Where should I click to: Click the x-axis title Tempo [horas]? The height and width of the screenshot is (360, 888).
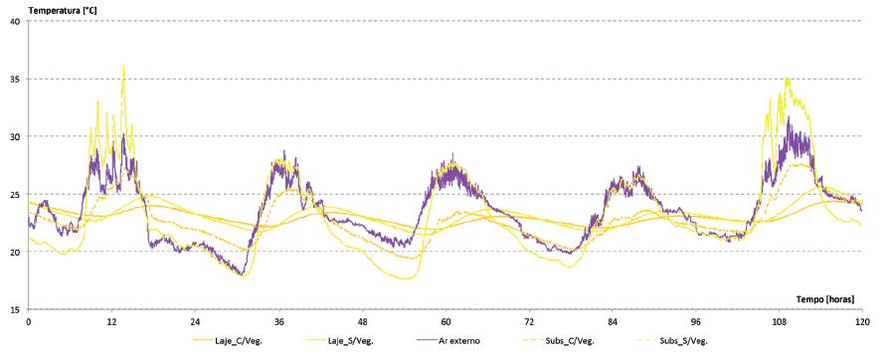pos(829,298)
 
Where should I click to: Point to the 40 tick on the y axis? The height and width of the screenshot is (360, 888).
pos(13,21)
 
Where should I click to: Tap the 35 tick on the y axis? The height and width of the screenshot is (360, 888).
pos(13,79)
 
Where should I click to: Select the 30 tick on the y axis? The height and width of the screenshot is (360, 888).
pos(13,136)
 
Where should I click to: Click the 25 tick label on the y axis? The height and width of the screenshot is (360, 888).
pos(13,194)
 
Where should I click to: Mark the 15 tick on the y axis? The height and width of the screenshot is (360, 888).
pos(13,309)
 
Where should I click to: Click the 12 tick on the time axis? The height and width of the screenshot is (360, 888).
pos(111,322)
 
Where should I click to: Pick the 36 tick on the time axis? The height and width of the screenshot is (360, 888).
pos(278,322)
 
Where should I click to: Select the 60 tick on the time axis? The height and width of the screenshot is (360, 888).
pos(445,322)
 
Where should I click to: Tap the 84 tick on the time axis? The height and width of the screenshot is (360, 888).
pos(613,322)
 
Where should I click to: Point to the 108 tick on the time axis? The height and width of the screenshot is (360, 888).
pos(779,322)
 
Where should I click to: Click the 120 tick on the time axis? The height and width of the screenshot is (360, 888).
pos(861,322)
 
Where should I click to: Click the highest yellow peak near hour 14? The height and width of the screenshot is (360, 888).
pos(123,67)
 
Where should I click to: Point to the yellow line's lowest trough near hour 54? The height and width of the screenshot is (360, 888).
pos(404,278)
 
